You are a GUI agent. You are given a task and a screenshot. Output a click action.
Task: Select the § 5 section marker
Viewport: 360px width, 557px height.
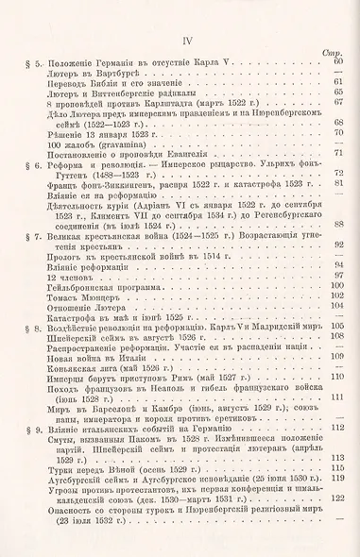click(x=21, y=61)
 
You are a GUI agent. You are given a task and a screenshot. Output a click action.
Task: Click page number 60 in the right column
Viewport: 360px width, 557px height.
click(x=335, y=61)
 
